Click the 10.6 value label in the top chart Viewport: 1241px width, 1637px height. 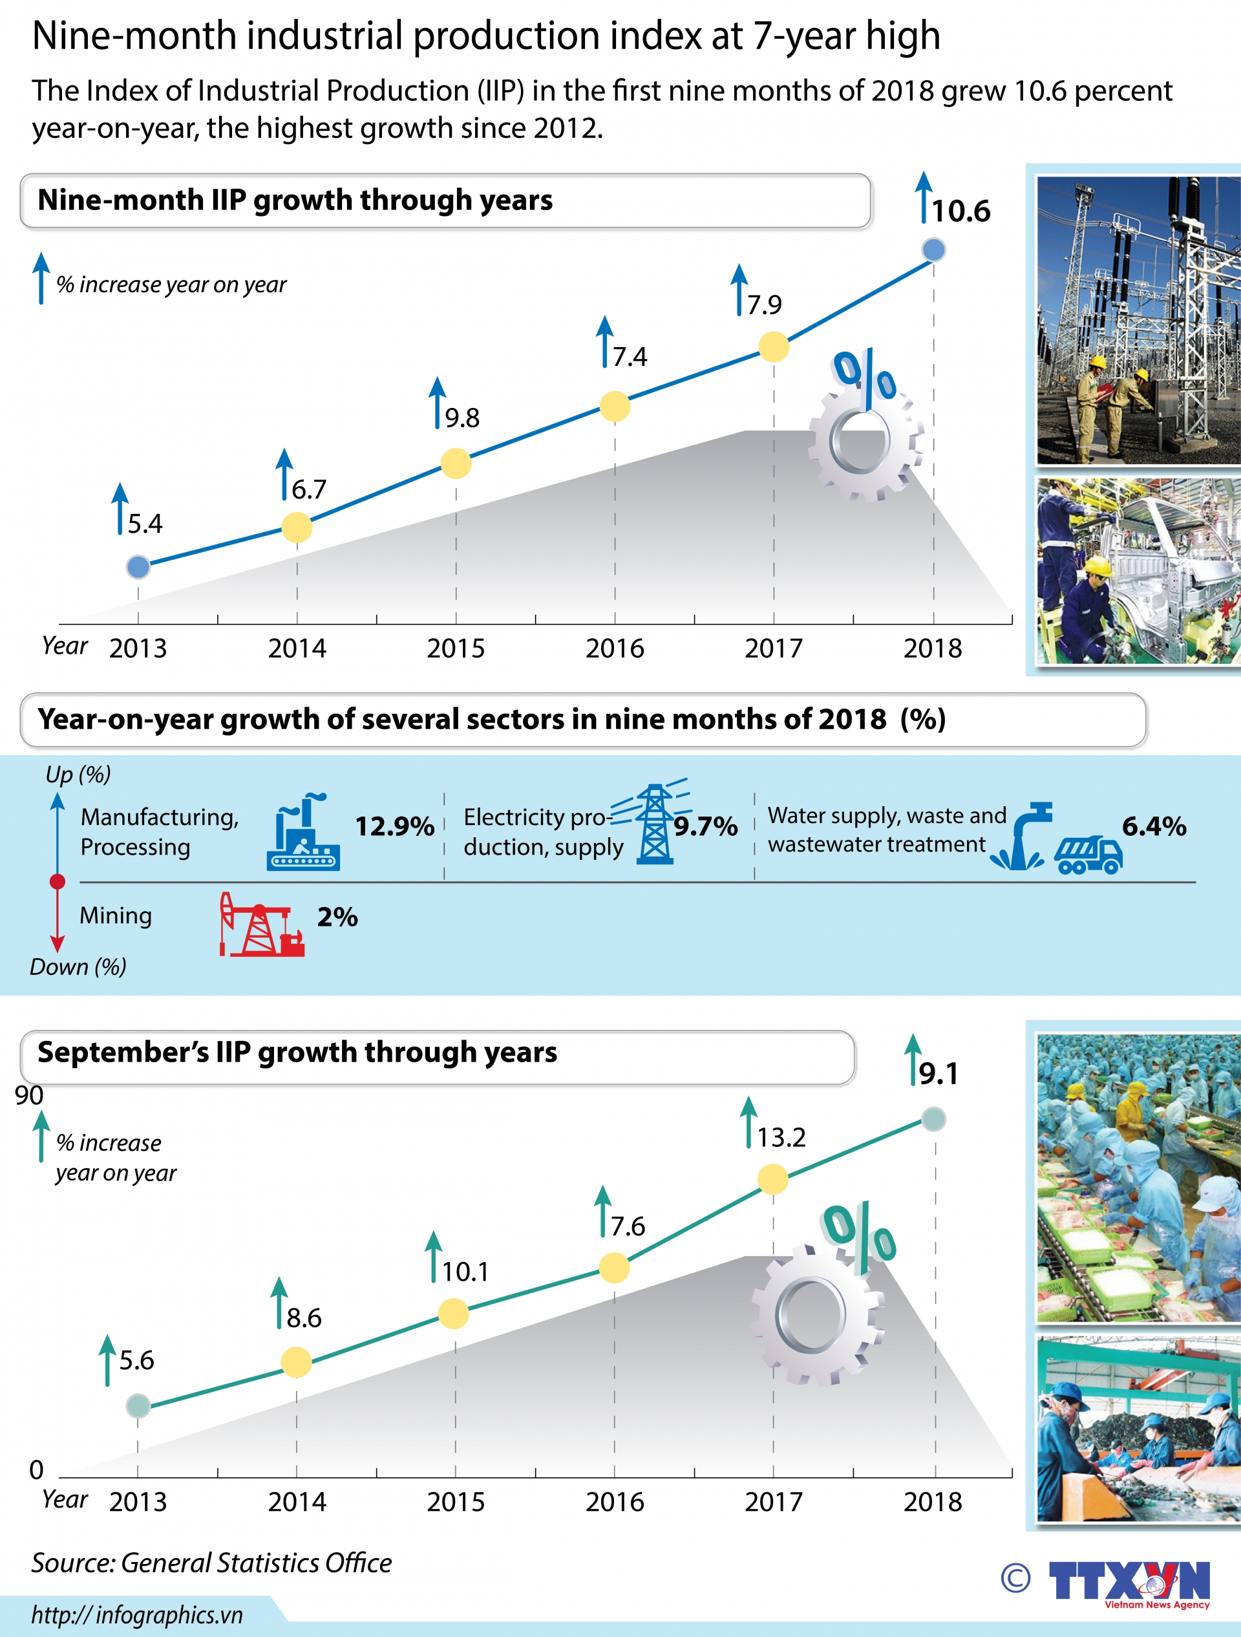(x=960, y=211)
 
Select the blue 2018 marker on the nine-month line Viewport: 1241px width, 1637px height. (x=933, y=250)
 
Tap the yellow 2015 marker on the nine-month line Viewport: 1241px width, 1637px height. (x=456, y=464)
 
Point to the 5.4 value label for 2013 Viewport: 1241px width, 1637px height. (x=144, y=524)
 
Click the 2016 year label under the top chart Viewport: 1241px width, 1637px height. (x=614, y=648)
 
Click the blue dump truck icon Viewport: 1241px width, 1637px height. (x=1088, y=855)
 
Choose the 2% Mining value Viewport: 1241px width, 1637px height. (x=337, y=917)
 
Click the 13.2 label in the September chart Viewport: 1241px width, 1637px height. (x=781, y=1137)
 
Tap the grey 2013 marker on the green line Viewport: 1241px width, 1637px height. (x=138, y=1406)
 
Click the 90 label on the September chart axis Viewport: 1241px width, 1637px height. (x=29, y=1095)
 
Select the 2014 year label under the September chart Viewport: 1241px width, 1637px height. (x=297, y=1502)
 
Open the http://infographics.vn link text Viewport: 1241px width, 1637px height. (x=137, y=1615)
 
